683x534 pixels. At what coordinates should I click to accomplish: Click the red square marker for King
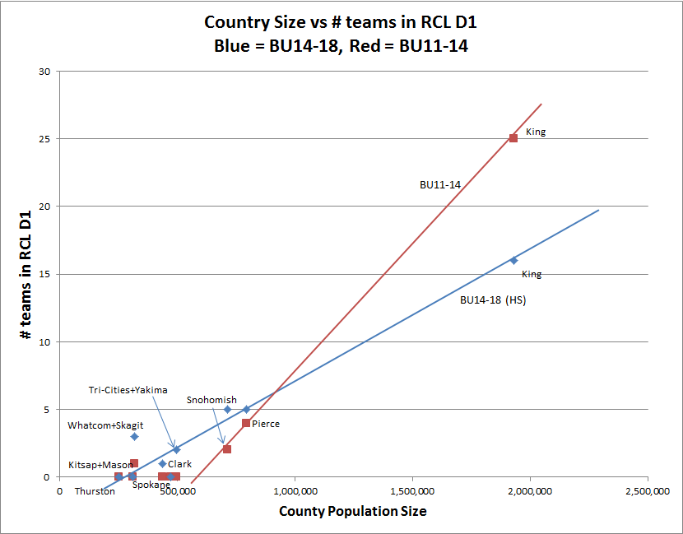[513, 138]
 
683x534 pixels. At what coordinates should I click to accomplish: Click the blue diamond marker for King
[513, 260]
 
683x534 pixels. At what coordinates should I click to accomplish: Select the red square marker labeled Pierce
[246, 423]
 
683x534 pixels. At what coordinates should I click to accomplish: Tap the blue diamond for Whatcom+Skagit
[134, 436]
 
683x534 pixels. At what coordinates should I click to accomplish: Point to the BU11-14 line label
[440, 185]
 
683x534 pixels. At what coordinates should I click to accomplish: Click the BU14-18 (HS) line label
[492, 300]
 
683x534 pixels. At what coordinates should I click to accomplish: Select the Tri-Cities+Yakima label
[128, 390]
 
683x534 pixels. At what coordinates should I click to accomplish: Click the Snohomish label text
[211, 400]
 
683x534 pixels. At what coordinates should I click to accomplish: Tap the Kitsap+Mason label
[100, 465]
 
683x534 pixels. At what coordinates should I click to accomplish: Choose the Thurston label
[95, 491]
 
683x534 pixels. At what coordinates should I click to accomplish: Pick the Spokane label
[151, 485]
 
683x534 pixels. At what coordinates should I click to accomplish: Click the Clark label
[179, 464]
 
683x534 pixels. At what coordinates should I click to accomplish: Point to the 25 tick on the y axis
[44, 138]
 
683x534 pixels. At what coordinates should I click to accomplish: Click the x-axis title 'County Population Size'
[353, 512]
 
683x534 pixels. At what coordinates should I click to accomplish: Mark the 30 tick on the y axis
[44, 71]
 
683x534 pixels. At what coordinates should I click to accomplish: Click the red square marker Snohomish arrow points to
[226, 449]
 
